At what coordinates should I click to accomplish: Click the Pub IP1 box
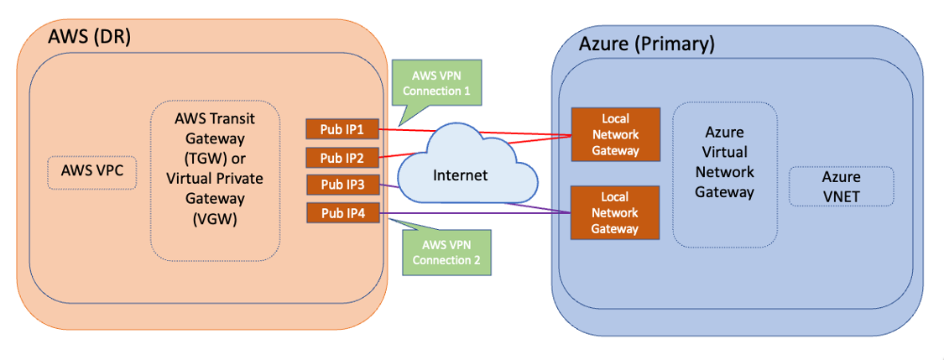[342, 129]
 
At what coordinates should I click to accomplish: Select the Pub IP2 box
[342, 157]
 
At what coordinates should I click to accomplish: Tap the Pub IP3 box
[342, 185]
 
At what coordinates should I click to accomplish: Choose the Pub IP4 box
[342, 213]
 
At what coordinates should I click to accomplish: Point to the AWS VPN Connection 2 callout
[446, 252]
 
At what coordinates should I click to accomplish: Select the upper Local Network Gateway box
[615, 134]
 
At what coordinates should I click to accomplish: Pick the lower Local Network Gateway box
[615, 212]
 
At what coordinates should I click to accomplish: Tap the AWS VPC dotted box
[91, 172]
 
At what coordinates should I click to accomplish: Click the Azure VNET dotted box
[841, 185]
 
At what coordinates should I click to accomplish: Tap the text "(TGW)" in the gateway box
[215, 158]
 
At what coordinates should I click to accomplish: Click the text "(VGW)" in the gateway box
[215, 219]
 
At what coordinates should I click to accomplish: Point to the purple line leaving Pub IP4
[470, 216]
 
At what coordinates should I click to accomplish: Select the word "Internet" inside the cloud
[460, 175]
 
